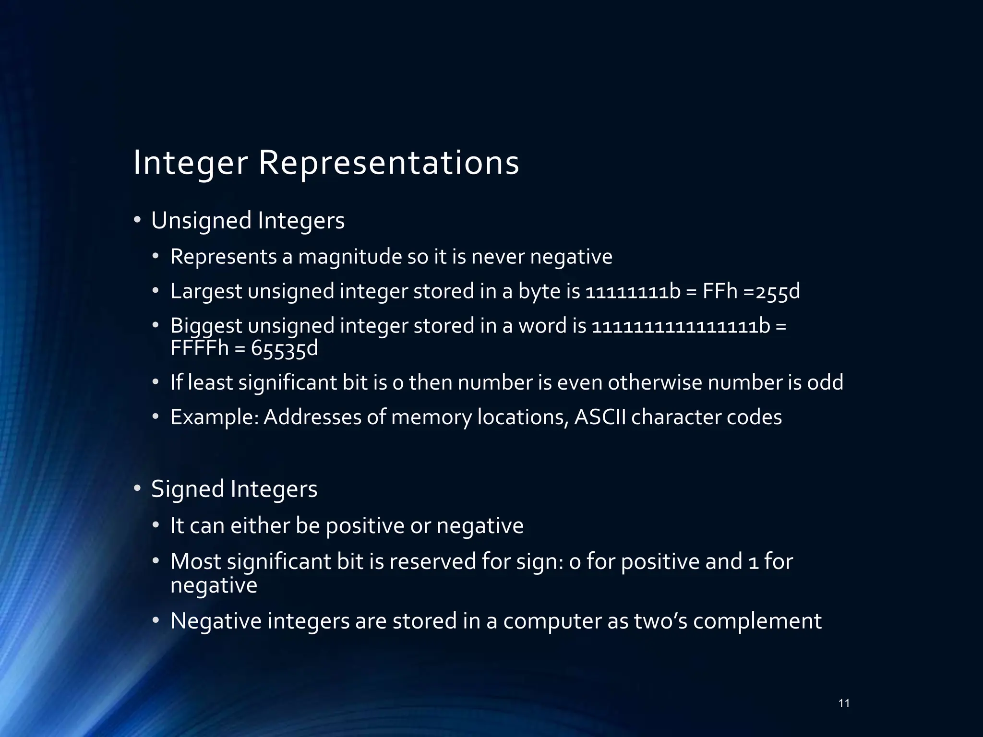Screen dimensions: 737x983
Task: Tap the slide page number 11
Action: (x=844, y=703)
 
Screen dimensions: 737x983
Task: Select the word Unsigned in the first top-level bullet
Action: (x=201, y=221)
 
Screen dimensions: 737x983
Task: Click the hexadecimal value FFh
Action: (x=719, y=292)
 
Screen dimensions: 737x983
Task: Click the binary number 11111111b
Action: (x=633, y=292)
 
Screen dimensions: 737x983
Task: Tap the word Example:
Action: (x=214, y=417)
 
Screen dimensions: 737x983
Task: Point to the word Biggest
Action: (x=206, y=327)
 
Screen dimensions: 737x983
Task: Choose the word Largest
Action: (x=206, y=292)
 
